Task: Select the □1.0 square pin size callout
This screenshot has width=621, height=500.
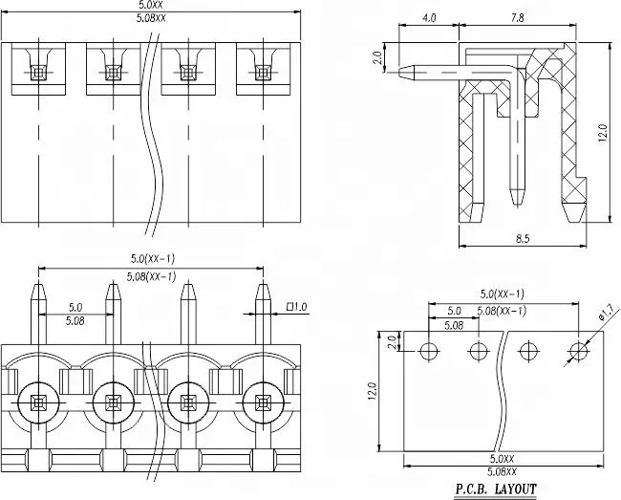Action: click(296, 307)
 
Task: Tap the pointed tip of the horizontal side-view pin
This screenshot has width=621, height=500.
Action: click(398, 70)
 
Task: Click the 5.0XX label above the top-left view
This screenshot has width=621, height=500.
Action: click(152, 7)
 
